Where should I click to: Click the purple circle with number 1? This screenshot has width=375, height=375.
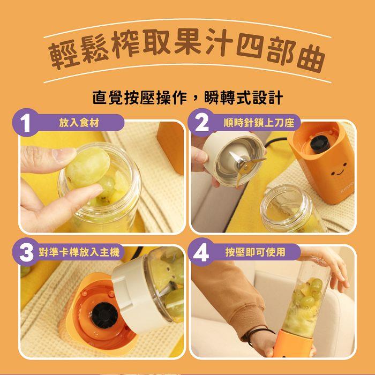(26, 123)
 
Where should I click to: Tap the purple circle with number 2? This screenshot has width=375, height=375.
(201, 123)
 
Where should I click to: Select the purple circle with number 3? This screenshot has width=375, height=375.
(26, 252)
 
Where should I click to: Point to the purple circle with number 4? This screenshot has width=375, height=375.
(201, 252)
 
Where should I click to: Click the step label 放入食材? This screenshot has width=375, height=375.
(79, 123)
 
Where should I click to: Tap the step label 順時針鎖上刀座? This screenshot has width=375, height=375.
(259, 123)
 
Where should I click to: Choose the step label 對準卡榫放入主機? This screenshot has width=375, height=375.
(79, 252)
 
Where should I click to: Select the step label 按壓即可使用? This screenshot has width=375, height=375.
(255, 252)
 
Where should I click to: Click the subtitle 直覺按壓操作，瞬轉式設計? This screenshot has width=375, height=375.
(187, 97)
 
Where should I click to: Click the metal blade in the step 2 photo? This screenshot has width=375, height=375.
(244, 165)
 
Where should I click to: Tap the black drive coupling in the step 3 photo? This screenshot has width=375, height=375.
(105, 315)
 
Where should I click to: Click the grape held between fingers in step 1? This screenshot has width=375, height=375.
(87, 167)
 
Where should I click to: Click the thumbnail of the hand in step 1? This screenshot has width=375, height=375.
(64, 153)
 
